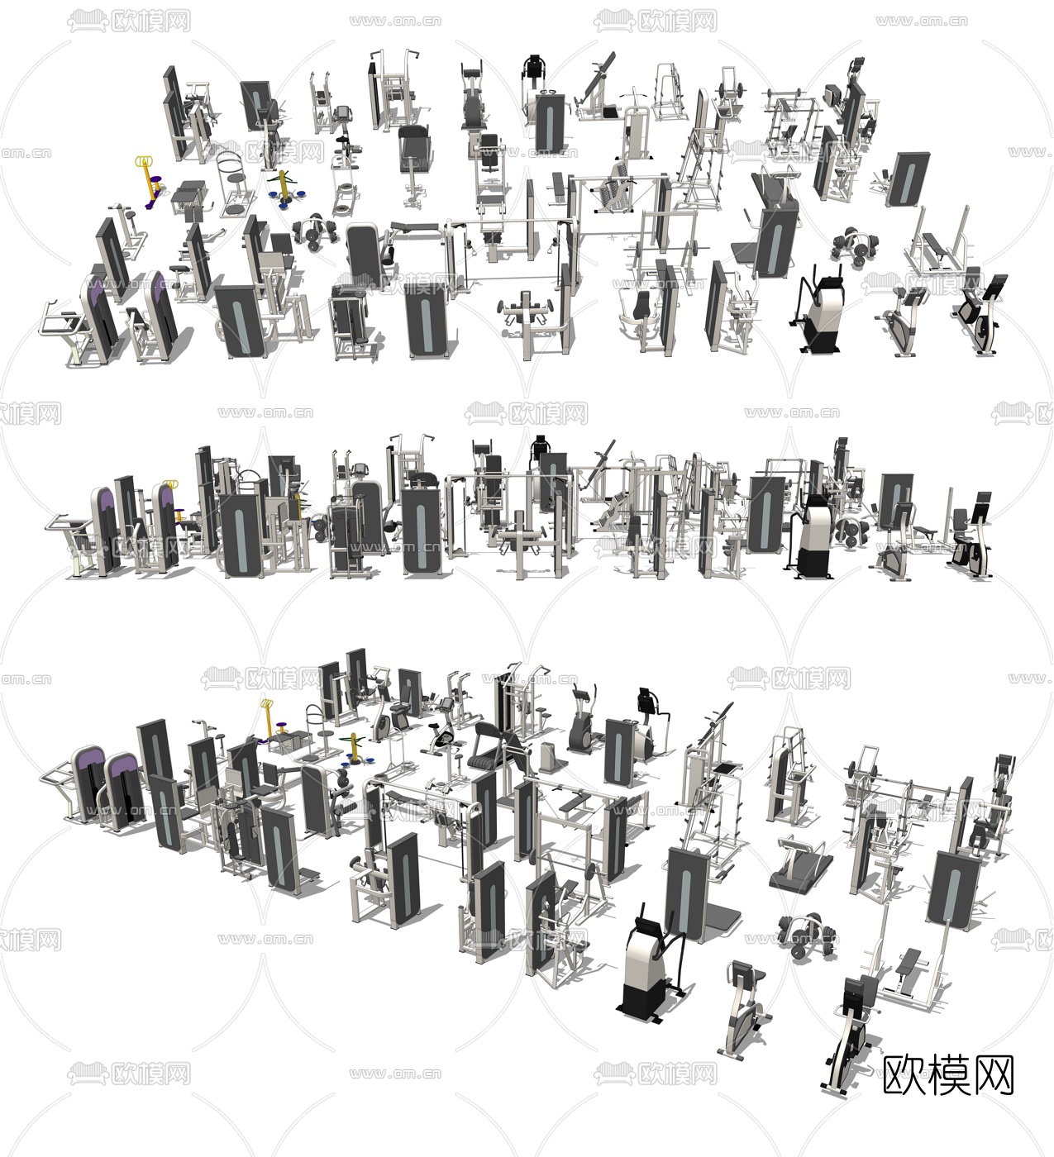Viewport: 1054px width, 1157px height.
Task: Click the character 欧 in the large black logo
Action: pos(904,1075)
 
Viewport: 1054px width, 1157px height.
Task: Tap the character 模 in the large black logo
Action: pos(949,1075)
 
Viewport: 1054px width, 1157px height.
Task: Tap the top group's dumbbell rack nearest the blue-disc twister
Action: pos(314,231)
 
